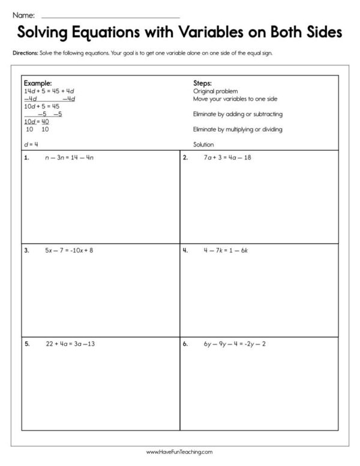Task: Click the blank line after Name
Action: coord(111,16)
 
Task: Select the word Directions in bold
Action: coord(25,53)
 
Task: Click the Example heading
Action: coord(37,83)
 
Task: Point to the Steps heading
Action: coord(202,83)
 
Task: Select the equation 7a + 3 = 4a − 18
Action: coord(227,158)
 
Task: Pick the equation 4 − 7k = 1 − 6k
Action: coord(225,250)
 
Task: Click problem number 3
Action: coord(26,250)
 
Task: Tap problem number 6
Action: coord(185,345)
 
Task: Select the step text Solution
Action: coord(203,144)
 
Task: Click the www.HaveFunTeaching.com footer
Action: coord(179,452)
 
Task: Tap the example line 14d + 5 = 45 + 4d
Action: coord(49,91)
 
